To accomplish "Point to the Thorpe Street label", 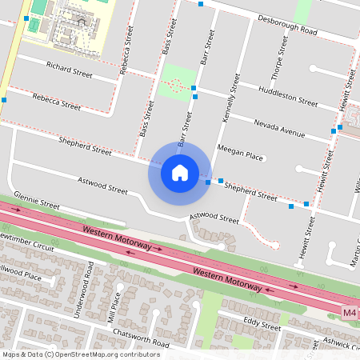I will (280, 57).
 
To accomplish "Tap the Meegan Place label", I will (240, 155).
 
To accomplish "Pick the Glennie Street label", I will (37, 206).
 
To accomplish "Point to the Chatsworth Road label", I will (142, 338).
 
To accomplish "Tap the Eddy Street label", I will (262, 325).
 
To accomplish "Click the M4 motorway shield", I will (350, 312).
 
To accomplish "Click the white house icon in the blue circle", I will (179, 172).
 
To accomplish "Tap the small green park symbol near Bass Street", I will (177, 83).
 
